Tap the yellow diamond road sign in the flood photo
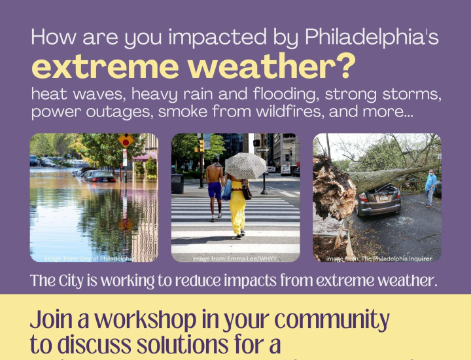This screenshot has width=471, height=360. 126,140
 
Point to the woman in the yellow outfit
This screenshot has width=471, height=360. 237,204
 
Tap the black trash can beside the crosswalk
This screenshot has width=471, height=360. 177,183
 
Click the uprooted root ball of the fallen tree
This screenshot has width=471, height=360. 334,190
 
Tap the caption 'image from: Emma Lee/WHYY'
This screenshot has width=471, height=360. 235,259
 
